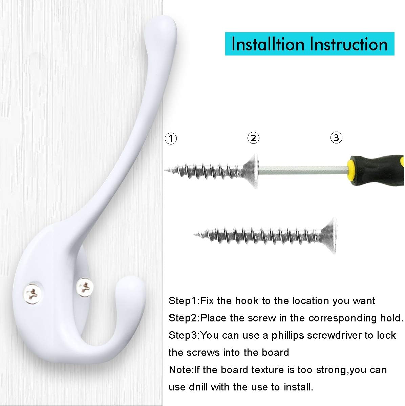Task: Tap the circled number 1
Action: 171,138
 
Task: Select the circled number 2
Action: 253,138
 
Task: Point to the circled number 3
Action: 336,138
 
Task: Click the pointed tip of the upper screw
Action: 166,170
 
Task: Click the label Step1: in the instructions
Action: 185,301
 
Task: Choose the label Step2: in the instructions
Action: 185,318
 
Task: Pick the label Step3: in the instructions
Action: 185,335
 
